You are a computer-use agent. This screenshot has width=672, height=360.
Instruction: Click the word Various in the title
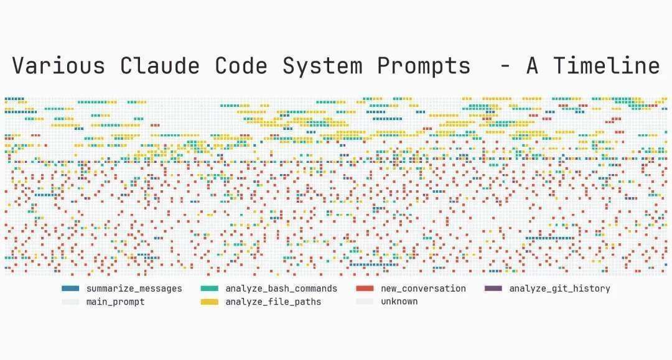coord(58,66)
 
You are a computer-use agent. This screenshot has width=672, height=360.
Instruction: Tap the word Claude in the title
coord(160,66)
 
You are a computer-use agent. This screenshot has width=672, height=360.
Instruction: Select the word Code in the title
coord(241,66)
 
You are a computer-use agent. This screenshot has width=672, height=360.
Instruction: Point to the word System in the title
coord(323,67)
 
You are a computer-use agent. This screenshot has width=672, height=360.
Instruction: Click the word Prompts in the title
coord(424,67)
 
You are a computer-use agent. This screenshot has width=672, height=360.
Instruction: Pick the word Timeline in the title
coord(607,66)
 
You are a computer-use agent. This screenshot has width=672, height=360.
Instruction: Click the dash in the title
coord(505,67)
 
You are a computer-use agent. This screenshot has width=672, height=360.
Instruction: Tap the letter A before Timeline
coord(532,66)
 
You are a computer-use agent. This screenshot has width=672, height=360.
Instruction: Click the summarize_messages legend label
coord(134,289)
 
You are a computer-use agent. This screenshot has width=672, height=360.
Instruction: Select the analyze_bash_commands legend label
coord(281,289)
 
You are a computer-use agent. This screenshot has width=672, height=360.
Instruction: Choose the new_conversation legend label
coord(424,289)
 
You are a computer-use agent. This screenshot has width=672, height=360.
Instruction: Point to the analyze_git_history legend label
coord(560,289)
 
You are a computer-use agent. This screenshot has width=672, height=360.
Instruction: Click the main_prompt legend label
coord(115,302)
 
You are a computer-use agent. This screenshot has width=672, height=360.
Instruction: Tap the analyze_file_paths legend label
coord(273,302)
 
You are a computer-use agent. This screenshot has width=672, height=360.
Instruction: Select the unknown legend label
coord(399,302)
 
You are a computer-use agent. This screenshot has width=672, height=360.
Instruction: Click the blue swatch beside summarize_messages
coord(70,288)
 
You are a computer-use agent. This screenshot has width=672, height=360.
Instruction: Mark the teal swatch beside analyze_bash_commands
coord(210,288)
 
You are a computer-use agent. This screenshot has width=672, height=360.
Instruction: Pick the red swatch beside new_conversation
coord(365,288)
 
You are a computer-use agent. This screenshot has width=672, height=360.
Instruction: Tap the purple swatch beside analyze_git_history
coord(493,288)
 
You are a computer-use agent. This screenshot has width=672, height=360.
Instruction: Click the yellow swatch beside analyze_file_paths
coord(210,302)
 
